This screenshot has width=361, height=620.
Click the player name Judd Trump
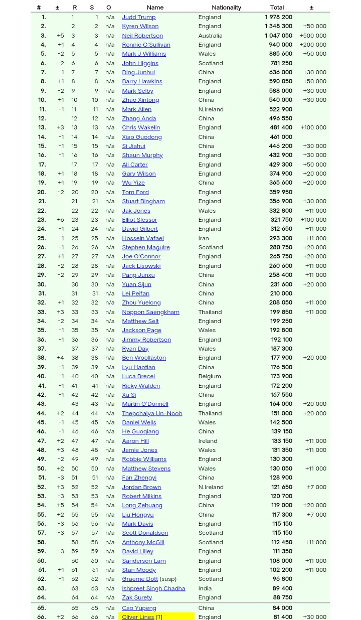[138, 17]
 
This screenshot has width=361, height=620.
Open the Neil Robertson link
[142, 36]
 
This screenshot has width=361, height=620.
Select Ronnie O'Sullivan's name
[146, 45]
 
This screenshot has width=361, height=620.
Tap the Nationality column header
[226, 8]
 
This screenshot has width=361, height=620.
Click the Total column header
[277, 8]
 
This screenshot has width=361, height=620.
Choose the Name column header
[155, 8]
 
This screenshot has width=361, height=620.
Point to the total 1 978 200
[278, 17]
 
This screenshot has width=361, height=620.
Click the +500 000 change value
[313, 36]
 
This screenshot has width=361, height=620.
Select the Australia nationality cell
[210, 36]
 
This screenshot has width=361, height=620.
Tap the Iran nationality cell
[204, 238]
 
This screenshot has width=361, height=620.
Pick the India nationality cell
[205, 588]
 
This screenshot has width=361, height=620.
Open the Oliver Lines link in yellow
[138, 616]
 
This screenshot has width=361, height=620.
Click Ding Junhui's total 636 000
[281, 72]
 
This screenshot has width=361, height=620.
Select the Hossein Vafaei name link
[142, 238]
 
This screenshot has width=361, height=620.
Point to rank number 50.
[41, 469]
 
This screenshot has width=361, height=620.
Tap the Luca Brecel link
[138, 376]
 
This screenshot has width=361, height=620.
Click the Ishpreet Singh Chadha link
[153, 588]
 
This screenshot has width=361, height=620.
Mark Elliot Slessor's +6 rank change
[60, 220]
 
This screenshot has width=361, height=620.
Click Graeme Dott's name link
[139, 579]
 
